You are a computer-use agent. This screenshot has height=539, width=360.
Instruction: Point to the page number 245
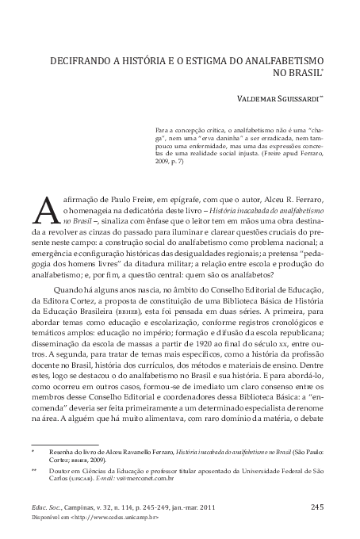316,507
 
